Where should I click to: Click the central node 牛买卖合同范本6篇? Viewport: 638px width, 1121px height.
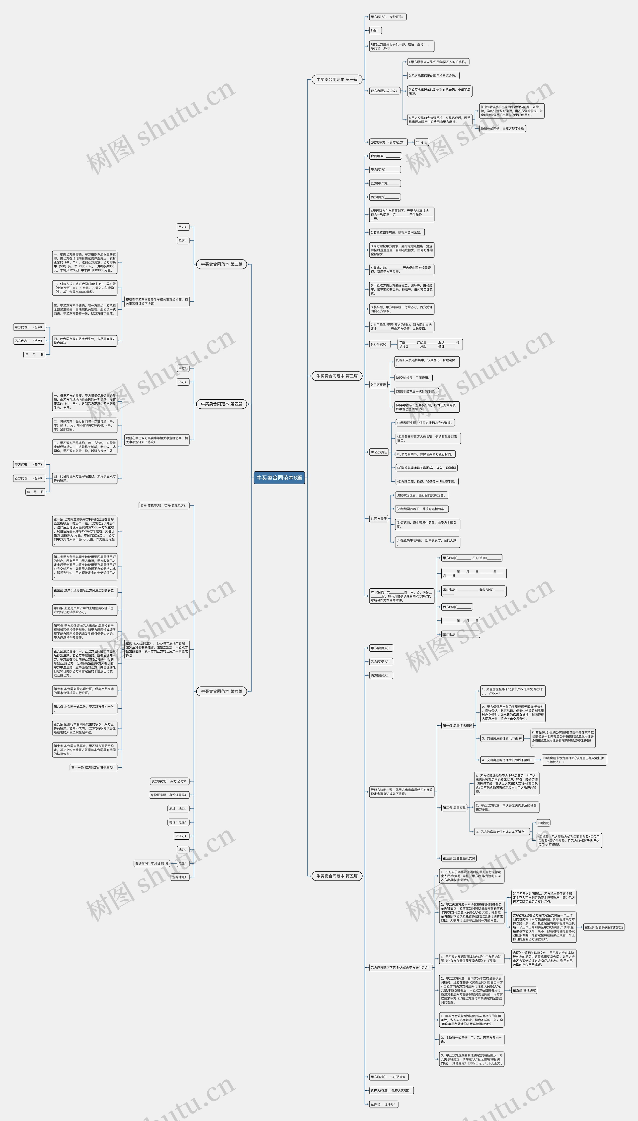pyautogui.click(x=279, y=478)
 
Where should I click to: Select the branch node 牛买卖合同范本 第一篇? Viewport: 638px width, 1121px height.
pyautogui.click(x=337, y=80)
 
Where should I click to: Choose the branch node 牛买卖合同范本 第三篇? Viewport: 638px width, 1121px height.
pyautogui.click(x=337, y=375)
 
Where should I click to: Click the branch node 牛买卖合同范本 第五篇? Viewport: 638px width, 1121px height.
pyautogui.click(x=337, y=876)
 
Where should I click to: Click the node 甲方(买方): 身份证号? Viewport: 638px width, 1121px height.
pyautogui.click(x=387, y=17)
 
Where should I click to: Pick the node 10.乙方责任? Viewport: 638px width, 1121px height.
pyautogui.click(x=379, y=452)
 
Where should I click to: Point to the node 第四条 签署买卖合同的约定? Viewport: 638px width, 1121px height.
pyautogui.click(x=604, y=927)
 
